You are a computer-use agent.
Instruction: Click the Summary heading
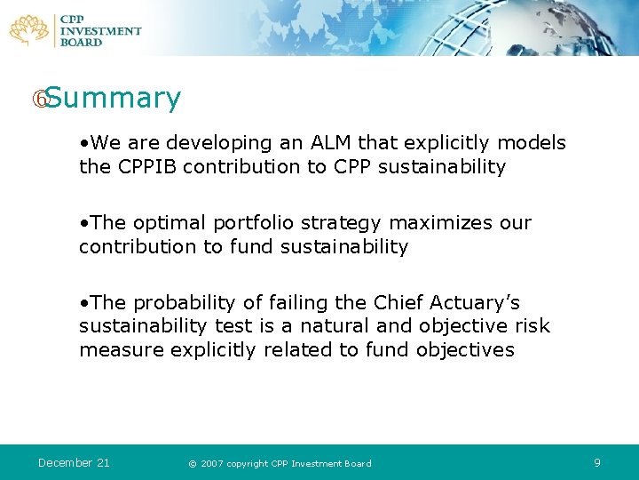click(x=113, y=99)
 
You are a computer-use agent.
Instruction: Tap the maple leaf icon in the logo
click(x=29, y=29)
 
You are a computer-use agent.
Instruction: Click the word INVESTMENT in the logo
click(x=100, y=31)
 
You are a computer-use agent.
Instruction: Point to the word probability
click(x=183, y=303)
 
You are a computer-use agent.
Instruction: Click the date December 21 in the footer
click(x=74, y=462)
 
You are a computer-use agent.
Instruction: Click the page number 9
click(x=597, y=462)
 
